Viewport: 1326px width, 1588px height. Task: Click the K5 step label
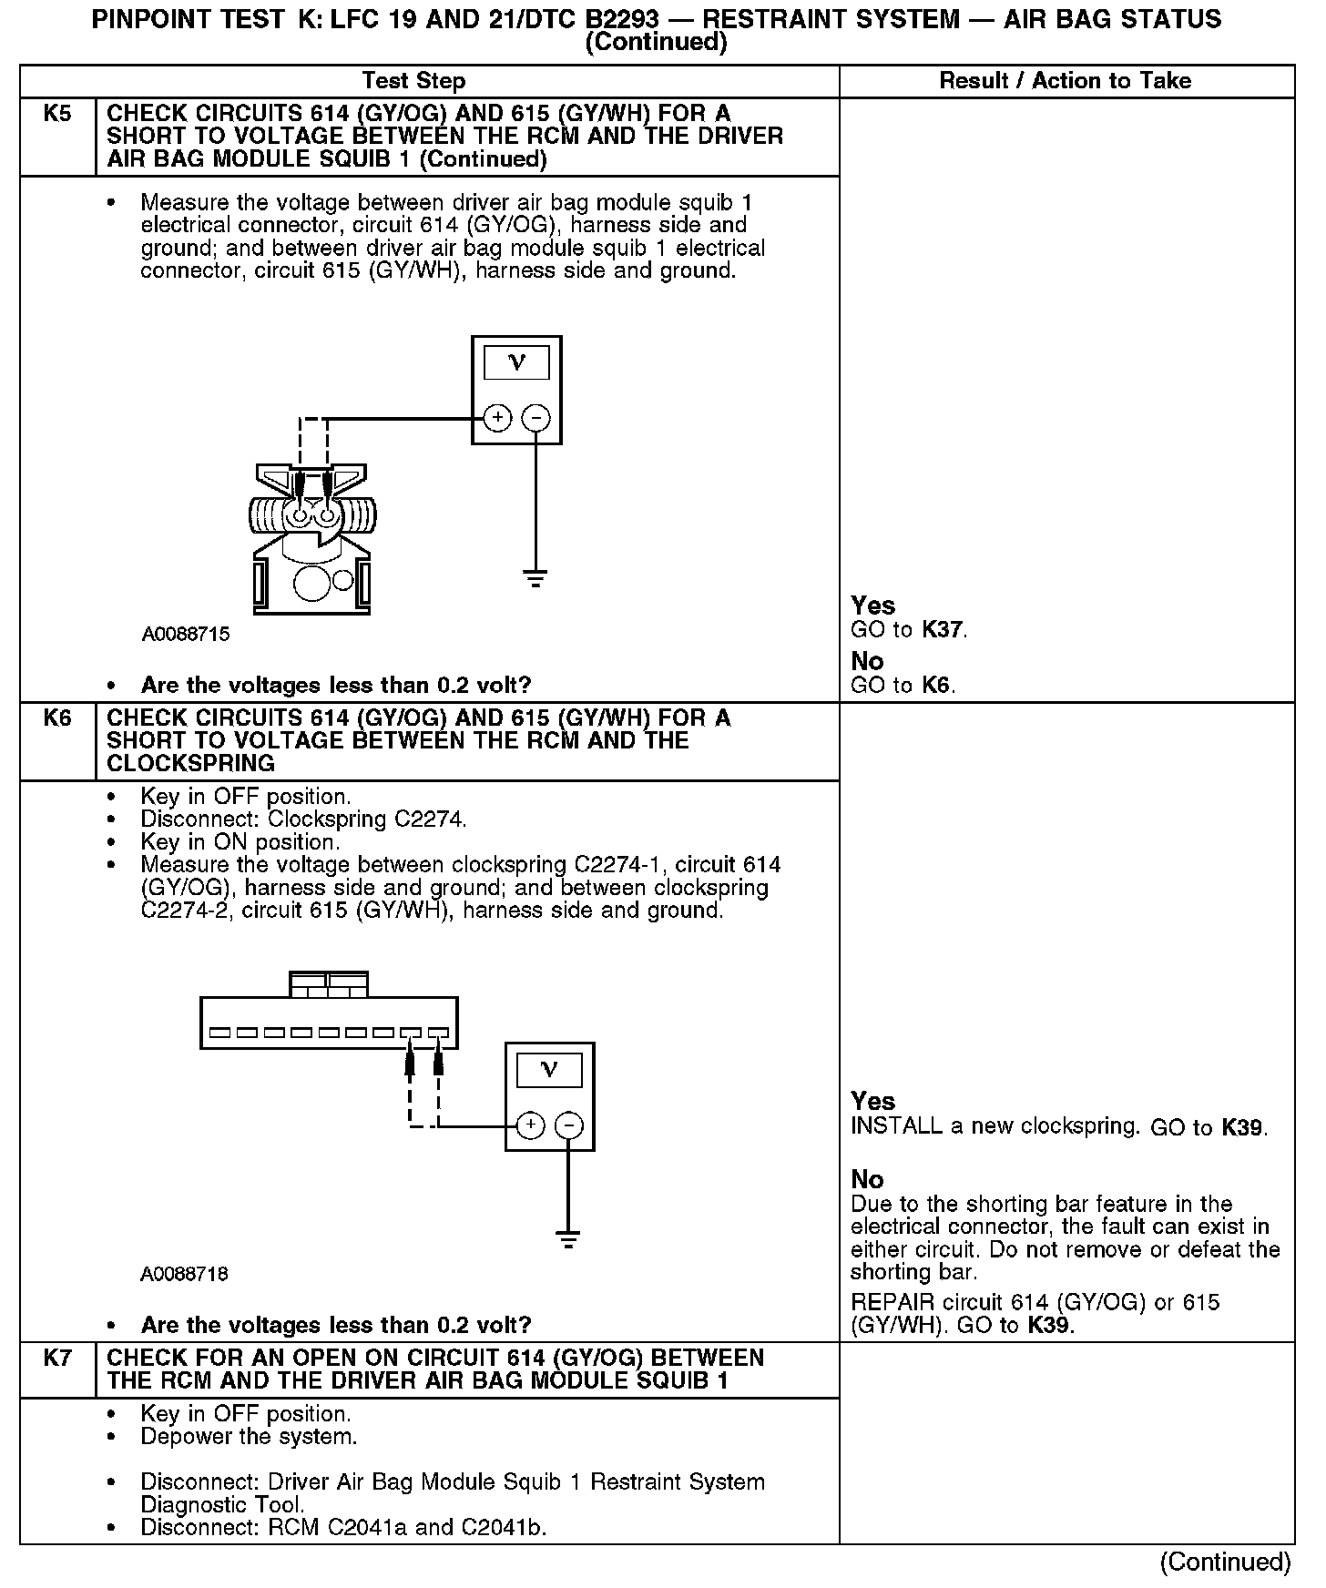[x=56, y=114]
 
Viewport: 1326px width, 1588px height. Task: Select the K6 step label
[x=56, y=718]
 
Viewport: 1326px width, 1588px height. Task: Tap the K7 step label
[x=56, y=1358]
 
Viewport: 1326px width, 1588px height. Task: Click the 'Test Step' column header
[x=413, y=81]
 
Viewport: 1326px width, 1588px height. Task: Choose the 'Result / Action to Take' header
[x=1065, y=81]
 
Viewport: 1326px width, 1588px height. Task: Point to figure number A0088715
[x=186, y=635]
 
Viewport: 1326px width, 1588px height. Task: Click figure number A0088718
[x=184, y=1274]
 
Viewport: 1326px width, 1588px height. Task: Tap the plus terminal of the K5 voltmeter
[x=497, y=419]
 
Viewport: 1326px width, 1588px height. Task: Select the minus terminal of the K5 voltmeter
[x=535, y=419]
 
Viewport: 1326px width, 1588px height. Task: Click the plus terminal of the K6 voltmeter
[x=531, y=1126]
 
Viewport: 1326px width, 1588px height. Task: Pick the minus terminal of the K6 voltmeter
[x=569, y=1126]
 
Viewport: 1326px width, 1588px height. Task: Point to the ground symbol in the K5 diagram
[x=535, y=578]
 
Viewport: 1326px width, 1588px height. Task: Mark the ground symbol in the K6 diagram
[x=568, y=1239]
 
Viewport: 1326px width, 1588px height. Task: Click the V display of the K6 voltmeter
[x=549, y=1070]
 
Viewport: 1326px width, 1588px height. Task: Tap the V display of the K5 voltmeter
[x=516, y=363]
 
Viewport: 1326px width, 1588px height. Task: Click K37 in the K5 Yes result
[x=943, y=629]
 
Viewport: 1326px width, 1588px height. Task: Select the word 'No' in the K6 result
[x=867, y=1180]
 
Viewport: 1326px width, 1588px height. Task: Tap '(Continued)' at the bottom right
[x=1225, y=1562]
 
